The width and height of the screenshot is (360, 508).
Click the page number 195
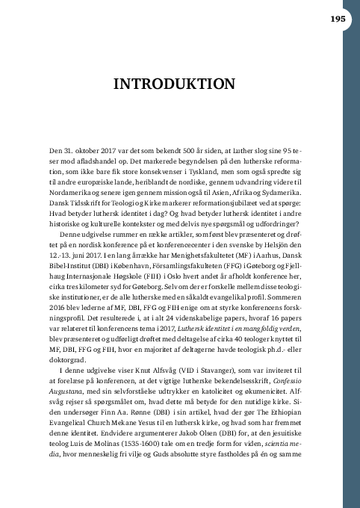pyautogui.click(x=334, y=19)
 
